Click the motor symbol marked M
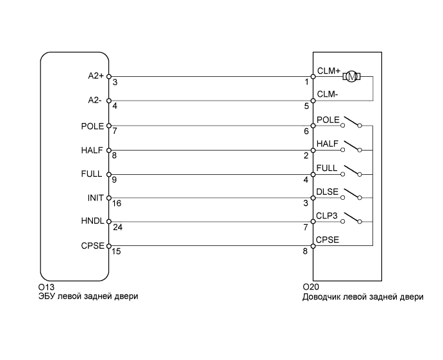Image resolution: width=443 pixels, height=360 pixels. [352, 77]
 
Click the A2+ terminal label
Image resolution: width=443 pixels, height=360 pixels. [96, 76]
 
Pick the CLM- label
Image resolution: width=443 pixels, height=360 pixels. [327, 95]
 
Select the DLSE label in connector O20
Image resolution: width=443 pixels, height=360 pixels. [327, 192]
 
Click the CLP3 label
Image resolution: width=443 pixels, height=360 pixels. [327, 217]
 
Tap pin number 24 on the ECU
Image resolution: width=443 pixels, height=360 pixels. [117, 227]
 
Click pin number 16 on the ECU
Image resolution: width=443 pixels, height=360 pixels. [117, 204]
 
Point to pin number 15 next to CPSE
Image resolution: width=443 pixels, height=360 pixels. [117, 252]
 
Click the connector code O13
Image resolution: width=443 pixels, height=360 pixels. [46, 288]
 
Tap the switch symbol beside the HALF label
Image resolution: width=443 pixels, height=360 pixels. [352, 146]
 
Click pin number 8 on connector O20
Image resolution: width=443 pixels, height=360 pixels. [306, 252]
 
